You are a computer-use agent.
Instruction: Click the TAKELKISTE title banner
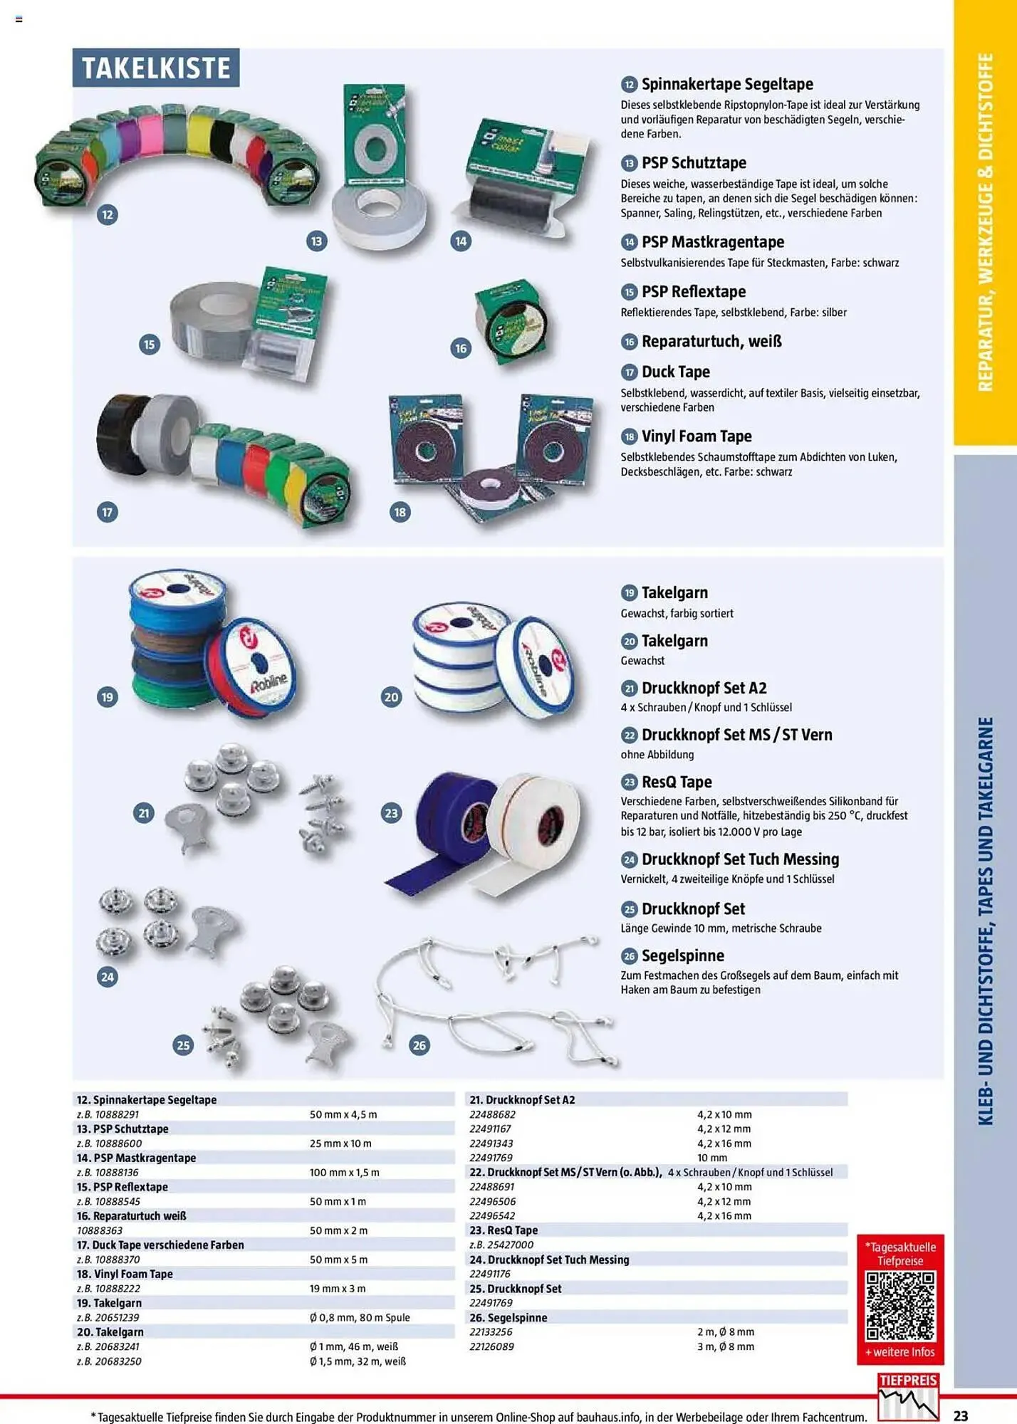pyautogui.click(x=155, y=68)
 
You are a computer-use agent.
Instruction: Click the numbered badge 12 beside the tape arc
pyautogui.click(x=108, y=214)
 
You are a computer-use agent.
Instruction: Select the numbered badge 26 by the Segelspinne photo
pyautogui.click(x=419, y=1045)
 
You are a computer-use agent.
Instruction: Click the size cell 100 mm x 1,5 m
pyautogui.click(x=344, y=1172)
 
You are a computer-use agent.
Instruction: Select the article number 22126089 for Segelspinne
pyautogui.click(x=491, y=1346)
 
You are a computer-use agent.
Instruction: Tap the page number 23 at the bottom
pyautogui.click(x=960, y=1415)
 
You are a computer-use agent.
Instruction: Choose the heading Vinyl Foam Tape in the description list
pyautogui.click(x=696, y=436)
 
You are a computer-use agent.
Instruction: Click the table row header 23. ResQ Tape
pyautogui.click(x=504, y=1230)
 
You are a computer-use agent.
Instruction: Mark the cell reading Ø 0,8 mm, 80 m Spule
pyautogui.click(x=360, y=1317)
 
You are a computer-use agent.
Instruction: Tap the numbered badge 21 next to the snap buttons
pyautogui.click(x=145, y=813)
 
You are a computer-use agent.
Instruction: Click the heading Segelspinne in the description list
pyautogui.click(x=682, y=956)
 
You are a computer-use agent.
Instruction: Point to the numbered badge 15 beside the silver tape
pyautogui.click(x=150, y=345)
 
